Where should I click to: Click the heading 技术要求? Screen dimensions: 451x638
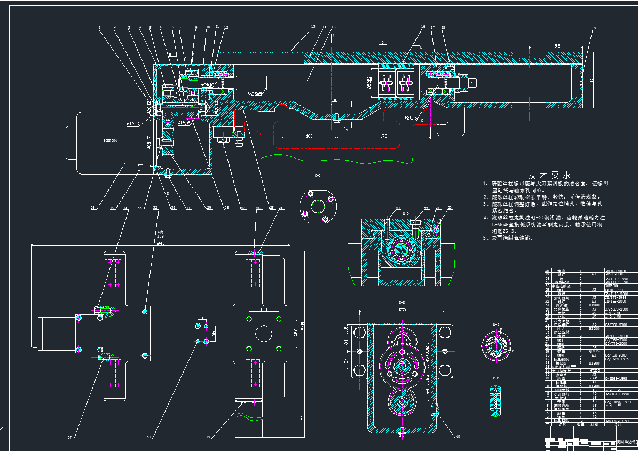[x=549, y=175]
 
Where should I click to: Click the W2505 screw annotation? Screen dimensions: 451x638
[x=255, y=94]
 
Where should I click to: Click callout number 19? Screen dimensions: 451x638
[x=594, y=27]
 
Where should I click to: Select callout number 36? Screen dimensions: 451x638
[x=93, y=208]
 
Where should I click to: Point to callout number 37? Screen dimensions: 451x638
[x=69, y=438]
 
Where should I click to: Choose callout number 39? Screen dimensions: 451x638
[x=208, y=438]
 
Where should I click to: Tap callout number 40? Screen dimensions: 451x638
[x=458, y=437]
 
